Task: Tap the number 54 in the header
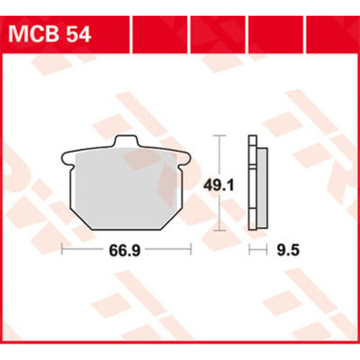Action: (x=79, y=35)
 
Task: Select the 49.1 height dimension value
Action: (x=219, y=185)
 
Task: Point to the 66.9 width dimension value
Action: (x=124, y=250)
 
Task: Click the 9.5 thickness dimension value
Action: (x=288, y=250)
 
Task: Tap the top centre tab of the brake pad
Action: (x=126, y=141)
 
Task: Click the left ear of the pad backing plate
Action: (x=67, y=159)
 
